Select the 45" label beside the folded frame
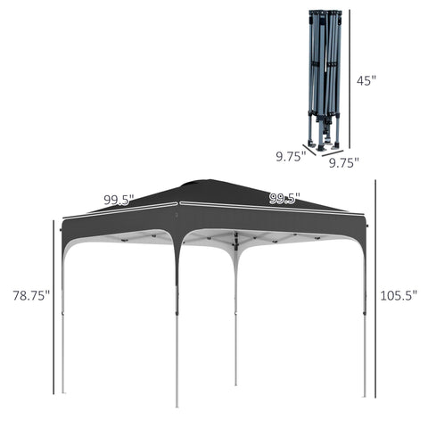click(366, 79)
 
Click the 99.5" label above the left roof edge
click(118, 200)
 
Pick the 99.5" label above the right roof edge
click(284, 198)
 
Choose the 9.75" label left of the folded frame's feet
click(291, 155)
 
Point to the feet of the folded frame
click(326, 141)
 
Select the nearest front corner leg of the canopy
click(177, 321)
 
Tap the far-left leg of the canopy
click(62, 321)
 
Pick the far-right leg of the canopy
click(365, 321)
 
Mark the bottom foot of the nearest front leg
click(177, 404)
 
